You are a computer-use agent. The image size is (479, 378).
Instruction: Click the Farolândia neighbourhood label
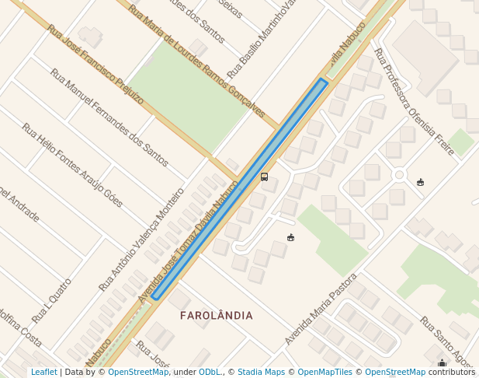click(216, 316)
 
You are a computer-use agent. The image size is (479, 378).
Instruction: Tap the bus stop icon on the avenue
click(264, 177)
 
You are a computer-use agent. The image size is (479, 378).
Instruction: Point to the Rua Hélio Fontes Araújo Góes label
click(71, 165)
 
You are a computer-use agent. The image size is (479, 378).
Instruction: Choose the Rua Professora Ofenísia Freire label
click(414, 101)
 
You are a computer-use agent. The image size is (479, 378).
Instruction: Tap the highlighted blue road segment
click(239, 189)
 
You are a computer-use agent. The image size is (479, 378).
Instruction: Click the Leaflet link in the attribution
click(43, 373)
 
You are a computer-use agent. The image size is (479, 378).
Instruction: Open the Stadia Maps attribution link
click(261, 373)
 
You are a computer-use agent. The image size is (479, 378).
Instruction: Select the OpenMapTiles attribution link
click(325, 373)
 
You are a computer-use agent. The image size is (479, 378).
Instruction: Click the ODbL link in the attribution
click(210, 373)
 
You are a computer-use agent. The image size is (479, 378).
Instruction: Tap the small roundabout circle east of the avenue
click(399, 175)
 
